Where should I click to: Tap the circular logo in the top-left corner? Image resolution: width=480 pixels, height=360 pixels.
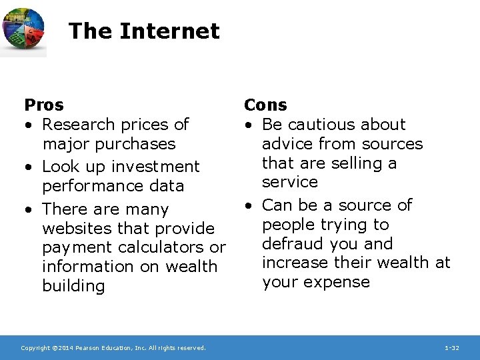(x=23, y=30)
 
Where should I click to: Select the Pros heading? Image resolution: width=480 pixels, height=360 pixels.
(x=44, y=105)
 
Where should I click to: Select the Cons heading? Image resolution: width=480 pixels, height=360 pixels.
(x=265, y=105)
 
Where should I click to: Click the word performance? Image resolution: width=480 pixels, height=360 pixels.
(x=90, y=185)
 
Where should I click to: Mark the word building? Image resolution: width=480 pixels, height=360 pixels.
(x=73, y=286)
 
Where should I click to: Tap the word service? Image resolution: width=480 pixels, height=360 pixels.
(x=290, y=181)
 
